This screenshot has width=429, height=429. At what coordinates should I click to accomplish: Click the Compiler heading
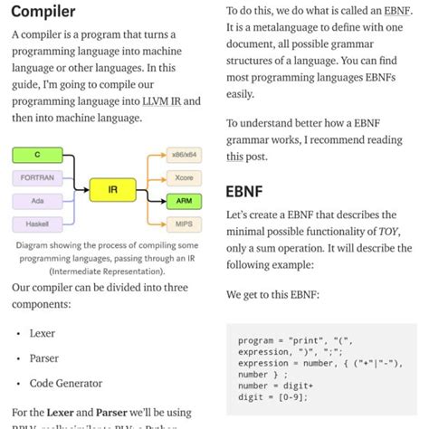43,13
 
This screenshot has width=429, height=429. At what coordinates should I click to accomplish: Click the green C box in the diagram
37,156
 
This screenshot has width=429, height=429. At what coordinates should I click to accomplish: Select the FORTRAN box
37,178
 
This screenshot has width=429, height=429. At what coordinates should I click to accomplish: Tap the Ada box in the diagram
37,200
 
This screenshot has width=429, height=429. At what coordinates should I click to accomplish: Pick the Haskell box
37,223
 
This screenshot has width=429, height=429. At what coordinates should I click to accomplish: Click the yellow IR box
112,190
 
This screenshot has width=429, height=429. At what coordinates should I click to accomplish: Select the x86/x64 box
185,157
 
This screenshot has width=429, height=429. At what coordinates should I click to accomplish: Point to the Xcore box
185,178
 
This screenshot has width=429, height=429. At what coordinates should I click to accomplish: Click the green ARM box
185,200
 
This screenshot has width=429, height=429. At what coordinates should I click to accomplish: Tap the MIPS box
185,223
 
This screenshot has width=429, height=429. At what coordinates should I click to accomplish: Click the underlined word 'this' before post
234,156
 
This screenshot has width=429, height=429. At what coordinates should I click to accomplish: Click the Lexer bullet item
43,333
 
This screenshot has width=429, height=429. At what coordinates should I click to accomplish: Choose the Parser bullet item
44,358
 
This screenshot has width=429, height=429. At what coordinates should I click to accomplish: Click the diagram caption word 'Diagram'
36,244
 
